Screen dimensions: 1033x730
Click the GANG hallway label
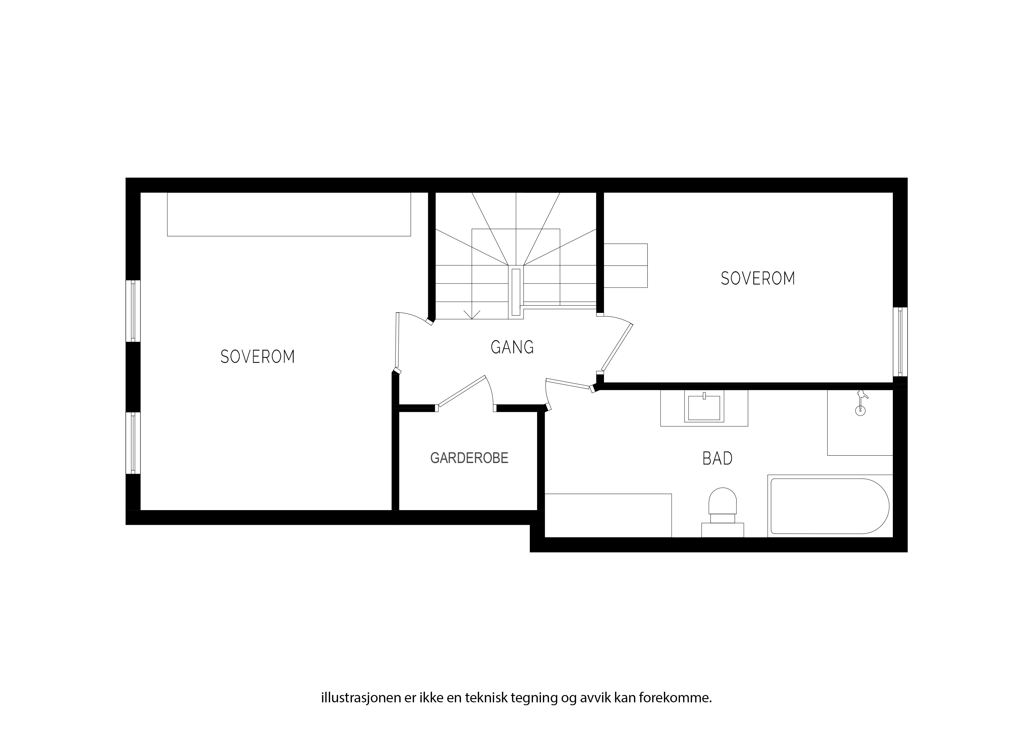512,347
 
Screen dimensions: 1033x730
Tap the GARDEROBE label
469,458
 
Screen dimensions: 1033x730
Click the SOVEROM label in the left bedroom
257,357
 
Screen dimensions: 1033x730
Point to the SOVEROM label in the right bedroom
758,278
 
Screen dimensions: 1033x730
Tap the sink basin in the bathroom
704,407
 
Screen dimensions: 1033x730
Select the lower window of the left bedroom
133,443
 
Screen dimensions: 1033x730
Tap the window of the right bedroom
900,342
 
